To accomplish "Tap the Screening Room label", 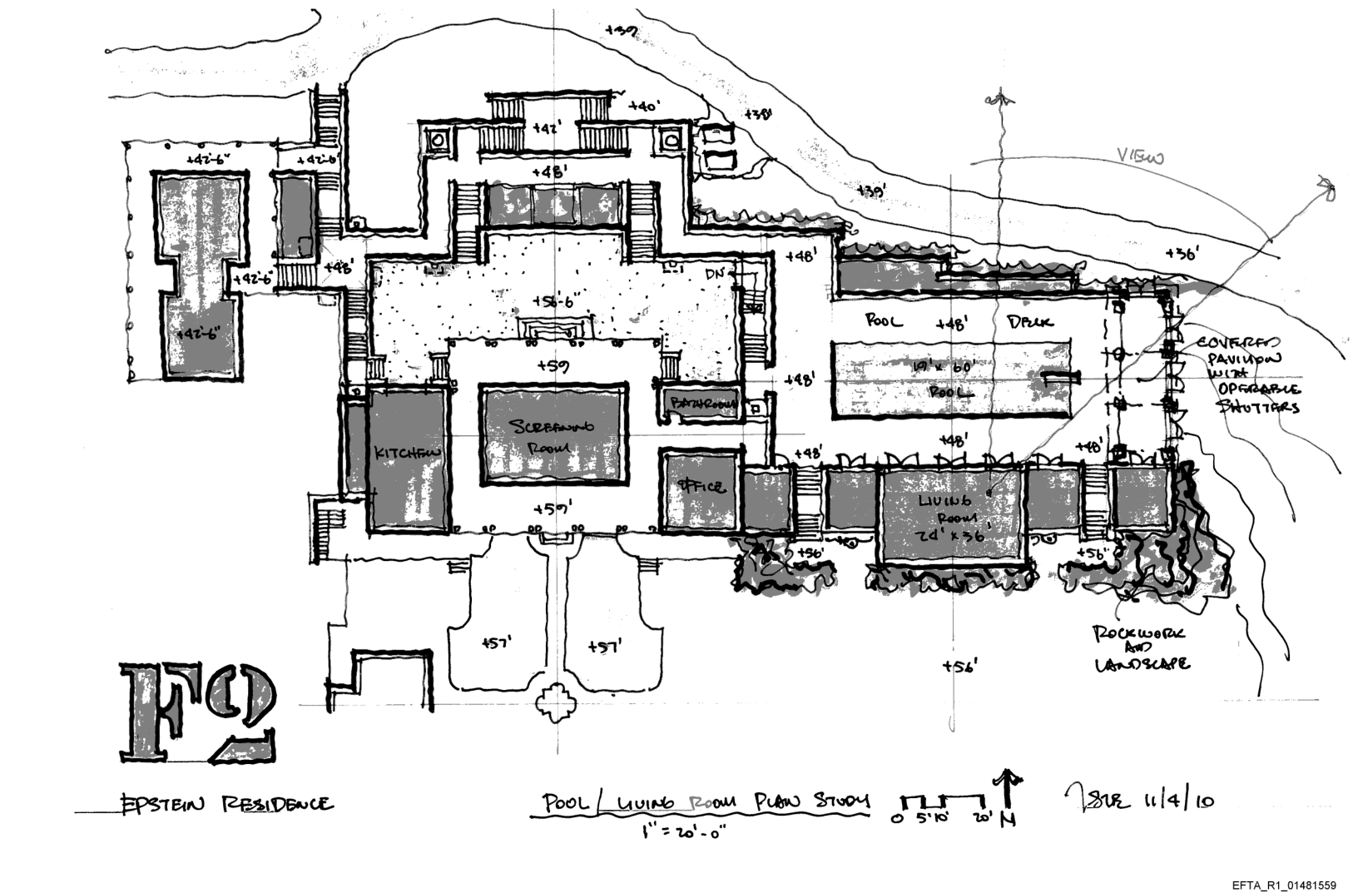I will [553, 436].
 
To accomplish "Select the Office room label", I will [701, 486].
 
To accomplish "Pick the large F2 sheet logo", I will [200, 712].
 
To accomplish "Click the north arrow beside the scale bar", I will [1009, 799].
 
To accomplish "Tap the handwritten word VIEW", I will [1140, 157].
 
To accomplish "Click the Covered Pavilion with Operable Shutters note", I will [1247, 375].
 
